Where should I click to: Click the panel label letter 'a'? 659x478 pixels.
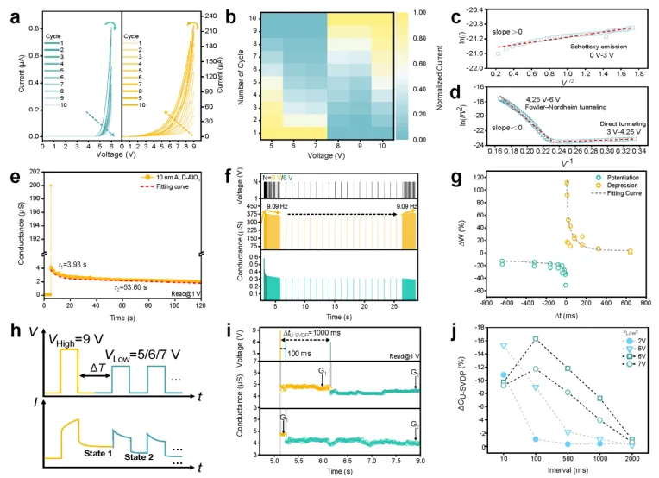(x=9, y=11)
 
